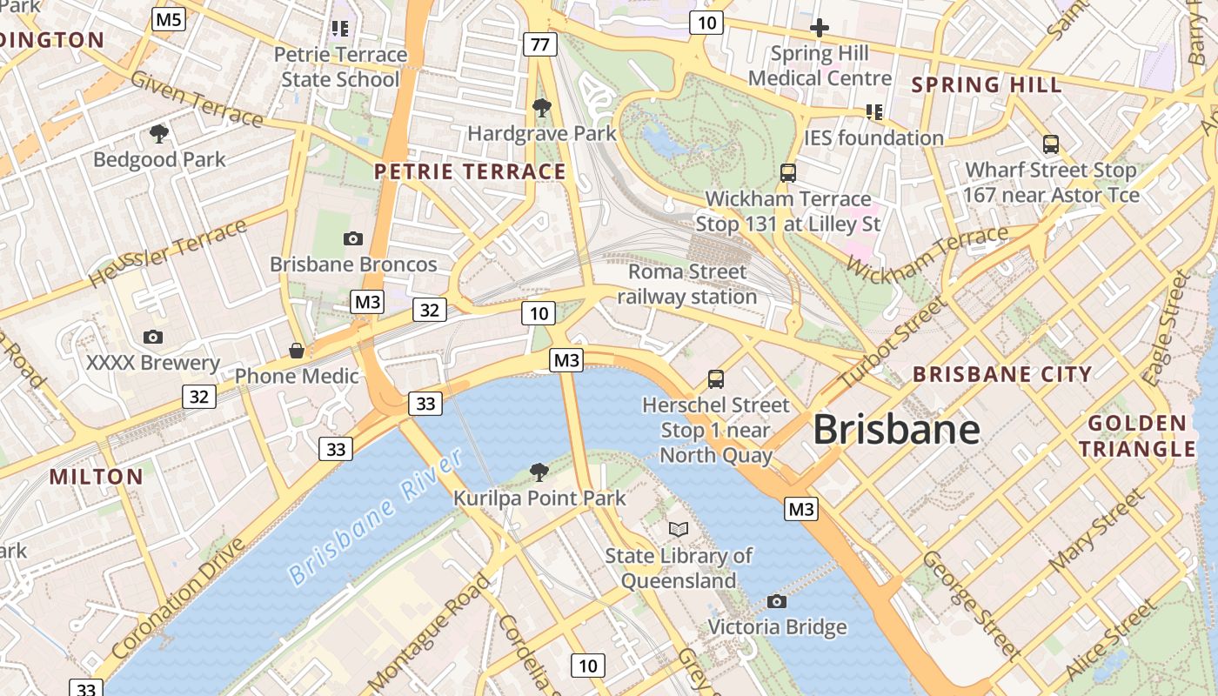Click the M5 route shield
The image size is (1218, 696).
(169, 19)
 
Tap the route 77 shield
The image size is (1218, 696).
(539, 43)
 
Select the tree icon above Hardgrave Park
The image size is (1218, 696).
(541, 108)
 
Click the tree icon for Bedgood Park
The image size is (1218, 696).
(158, 134)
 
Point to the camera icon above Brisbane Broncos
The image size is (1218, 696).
(353, 238)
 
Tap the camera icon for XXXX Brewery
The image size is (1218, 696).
(153, 337)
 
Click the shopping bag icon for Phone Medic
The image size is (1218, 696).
(297, 351)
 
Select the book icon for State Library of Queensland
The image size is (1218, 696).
(679, 529)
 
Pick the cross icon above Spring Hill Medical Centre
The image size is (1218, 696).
(819, 28)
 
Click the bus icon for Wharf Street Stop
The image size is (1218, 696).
(1051, 144)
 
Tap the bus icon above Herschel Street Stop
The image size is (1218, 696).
(715, 379)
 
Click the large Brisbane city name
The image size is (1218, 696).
(896, 430)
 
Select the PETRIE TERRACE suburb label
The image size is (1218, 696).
(470, 171)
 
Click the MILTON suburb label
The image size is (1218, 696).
(96, 477)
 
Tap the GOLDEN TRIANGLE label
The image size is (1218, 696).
(1141, 436)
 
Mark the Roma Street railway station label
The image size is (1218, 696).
(687, 284)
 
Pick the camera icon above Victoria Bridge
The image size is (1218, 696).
(776, 601)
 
